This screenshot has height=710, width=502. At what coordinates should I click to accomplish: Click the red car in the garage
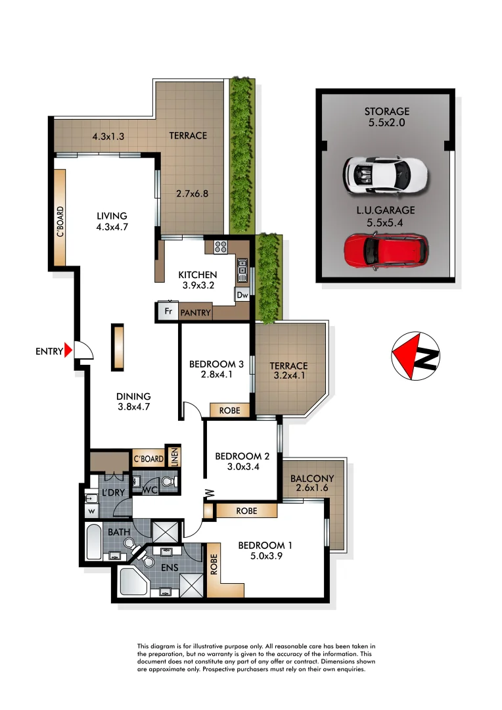click(x=386, y=250)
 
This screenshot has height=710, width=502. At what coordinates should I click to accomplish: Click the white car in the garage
click(x=385, y=174)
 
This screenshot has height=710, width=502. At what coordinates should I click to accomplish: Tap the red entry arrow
click(x=68, y=351)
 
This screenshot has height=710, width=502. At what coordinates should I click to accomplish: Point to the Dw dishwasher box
click(x=242, y=296)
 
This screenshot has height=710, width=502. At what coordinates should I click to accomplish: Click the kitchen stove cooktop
click(x=220, y=248)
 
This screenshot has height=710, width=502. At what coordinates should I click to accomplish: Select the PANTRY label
click(x=196, y=313)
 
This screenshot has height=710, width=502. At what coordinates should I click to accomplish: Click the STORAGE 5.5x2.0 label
click(x=386, y=117)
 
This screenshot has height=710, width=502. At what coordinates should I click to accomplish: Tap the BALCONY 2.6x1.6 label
click(x=312, y=483)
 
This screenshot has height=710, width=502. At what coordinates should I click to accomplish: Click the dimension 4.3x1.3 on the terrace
click(x=108, y=136)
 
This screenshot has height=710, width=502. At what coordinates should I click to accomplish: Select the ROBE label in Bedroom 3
click(x=230, y=411)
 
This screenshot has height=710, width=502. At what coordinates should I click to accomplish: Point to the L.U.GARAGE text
click(x=386, y=211)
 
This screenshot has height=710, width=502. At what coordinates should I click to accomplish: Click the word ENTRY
click(x=49, y=352)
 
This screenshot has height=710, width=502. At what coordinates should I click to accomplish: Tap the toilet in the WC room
click(x=168, y=485)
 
